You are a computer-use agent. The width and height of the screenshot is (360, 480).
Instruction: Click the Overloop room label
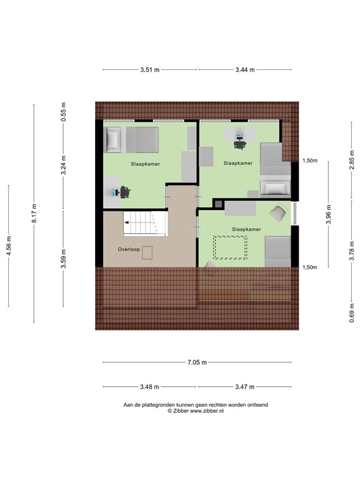[128, 249]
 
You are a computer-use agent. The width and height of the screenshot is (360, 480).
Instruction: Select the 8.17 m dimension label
[34, 213]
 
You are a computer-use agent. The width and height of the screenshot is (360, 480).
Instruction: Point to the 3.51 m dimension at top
[151, 69]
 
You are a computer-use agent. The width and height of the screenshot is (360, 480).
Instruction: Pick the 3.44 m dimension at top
[245, 69]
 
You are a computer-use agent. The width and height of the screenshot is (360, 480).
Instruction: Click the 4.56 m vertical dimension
[9, 246]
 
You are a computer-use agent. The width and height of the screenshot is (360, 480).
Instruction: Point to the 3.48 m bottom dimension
[150, 387]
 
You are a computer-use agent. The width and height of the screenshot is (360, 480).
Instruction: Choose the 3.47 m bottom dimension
[245, 387]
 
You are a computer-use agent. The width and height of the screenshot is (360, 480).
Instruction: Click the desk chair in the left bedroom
[126, 191]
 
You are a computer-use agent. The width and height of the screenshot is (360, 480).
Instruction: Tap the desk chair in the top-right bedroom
[239, 144]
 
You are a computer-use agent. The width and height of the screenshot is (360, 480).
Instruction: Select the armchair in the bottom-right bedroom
[278, 214]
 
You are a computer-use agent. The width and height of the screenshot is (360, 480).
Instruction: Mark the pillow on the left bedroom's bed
[113, 139]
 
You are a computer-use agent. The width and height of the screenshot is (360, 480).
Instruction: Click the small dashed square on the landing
[147, 252]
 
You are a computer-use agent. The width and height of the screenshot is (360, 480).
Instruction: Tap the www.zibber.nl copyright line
[196, 411]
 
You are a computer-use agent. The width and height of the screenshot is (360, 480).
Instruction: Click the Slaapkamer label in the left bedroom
[145, 164]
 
